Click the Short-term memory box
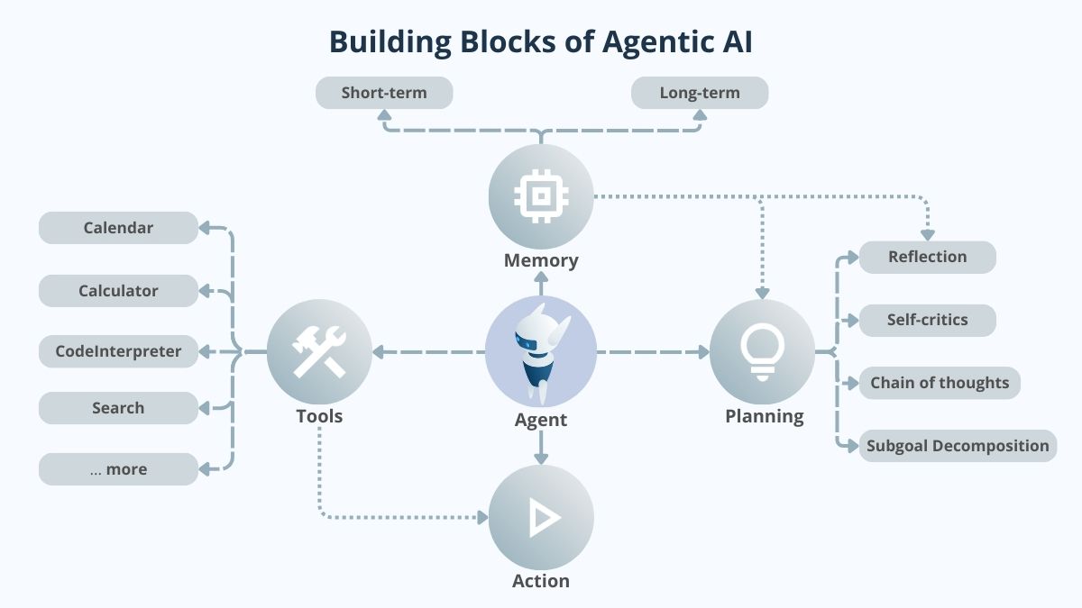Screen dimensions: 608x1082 [x=384, y=93]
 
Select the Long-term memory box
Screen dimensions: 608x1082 [x=700, y=93]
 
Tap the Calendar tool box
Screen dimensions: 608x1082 [x=118, y=228]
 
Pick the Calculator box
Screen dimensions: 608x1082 [x=118, y=291]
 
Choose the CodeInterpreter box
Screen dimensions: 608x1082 [x=118, y=351]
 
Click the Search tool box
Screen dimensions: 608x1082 [x=118, y=408]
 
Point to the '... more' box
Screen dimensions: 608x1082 [x=118, y=469]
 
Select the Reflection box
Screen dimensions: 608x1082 [x=927, y=257]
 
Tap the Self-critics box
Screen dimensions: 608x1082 [x=927, y=320]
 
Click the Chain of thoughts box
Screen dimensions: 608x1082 [x=940, y=383]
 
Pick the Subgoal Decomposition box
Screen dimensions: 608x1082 [x=958, y=446]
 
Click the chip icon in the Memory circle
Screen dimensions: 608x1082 [x=541, y=196]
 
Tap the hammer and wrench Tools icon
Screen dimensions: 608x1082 [x=320, y=351]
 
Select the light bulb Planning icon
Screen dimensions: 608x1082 [x=762, y=351]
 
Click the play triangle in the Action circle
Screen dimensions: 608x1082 [x=543, y=517]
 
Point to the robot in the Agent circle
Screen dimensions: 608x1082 [x=539, y=351]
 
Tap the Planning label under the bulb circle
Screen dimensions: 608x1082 [x=765, y=416]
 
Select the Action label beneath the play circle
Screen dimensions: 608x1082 [x=541, y=581]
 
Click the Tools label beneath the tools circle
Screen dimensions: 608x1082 [x=319, y=416]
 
